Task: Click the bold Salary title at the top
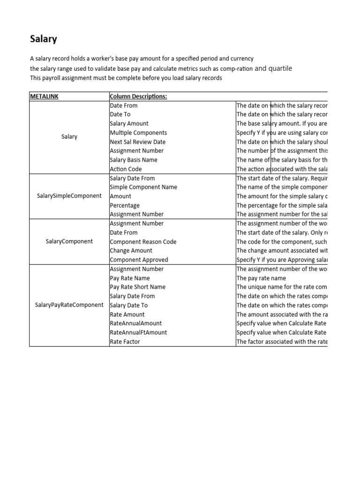44,39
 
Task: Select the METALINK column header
44,97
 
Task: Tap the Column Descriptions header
138,97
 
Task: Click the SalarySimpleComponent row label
69,196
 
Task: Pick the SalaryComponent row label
69,241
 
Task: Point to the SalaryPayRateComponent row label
69,305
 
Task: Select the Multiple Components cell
138,133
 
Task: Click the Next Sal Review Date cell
137,142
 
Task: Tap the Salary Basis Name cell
134,160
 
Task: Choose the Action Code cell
126,169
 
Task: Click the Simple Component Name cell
143,187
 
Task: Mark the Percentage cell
125,205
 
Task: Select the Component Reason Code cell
143,242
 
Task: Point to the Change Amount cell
131,251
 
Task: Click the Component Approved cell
139,260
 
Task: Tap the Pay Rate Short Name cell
137,287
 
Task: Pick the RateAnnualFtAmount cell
138,332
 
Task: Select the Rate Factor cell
125,342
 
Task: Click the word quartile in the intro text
280,68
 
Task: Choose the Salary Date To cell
128,305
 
